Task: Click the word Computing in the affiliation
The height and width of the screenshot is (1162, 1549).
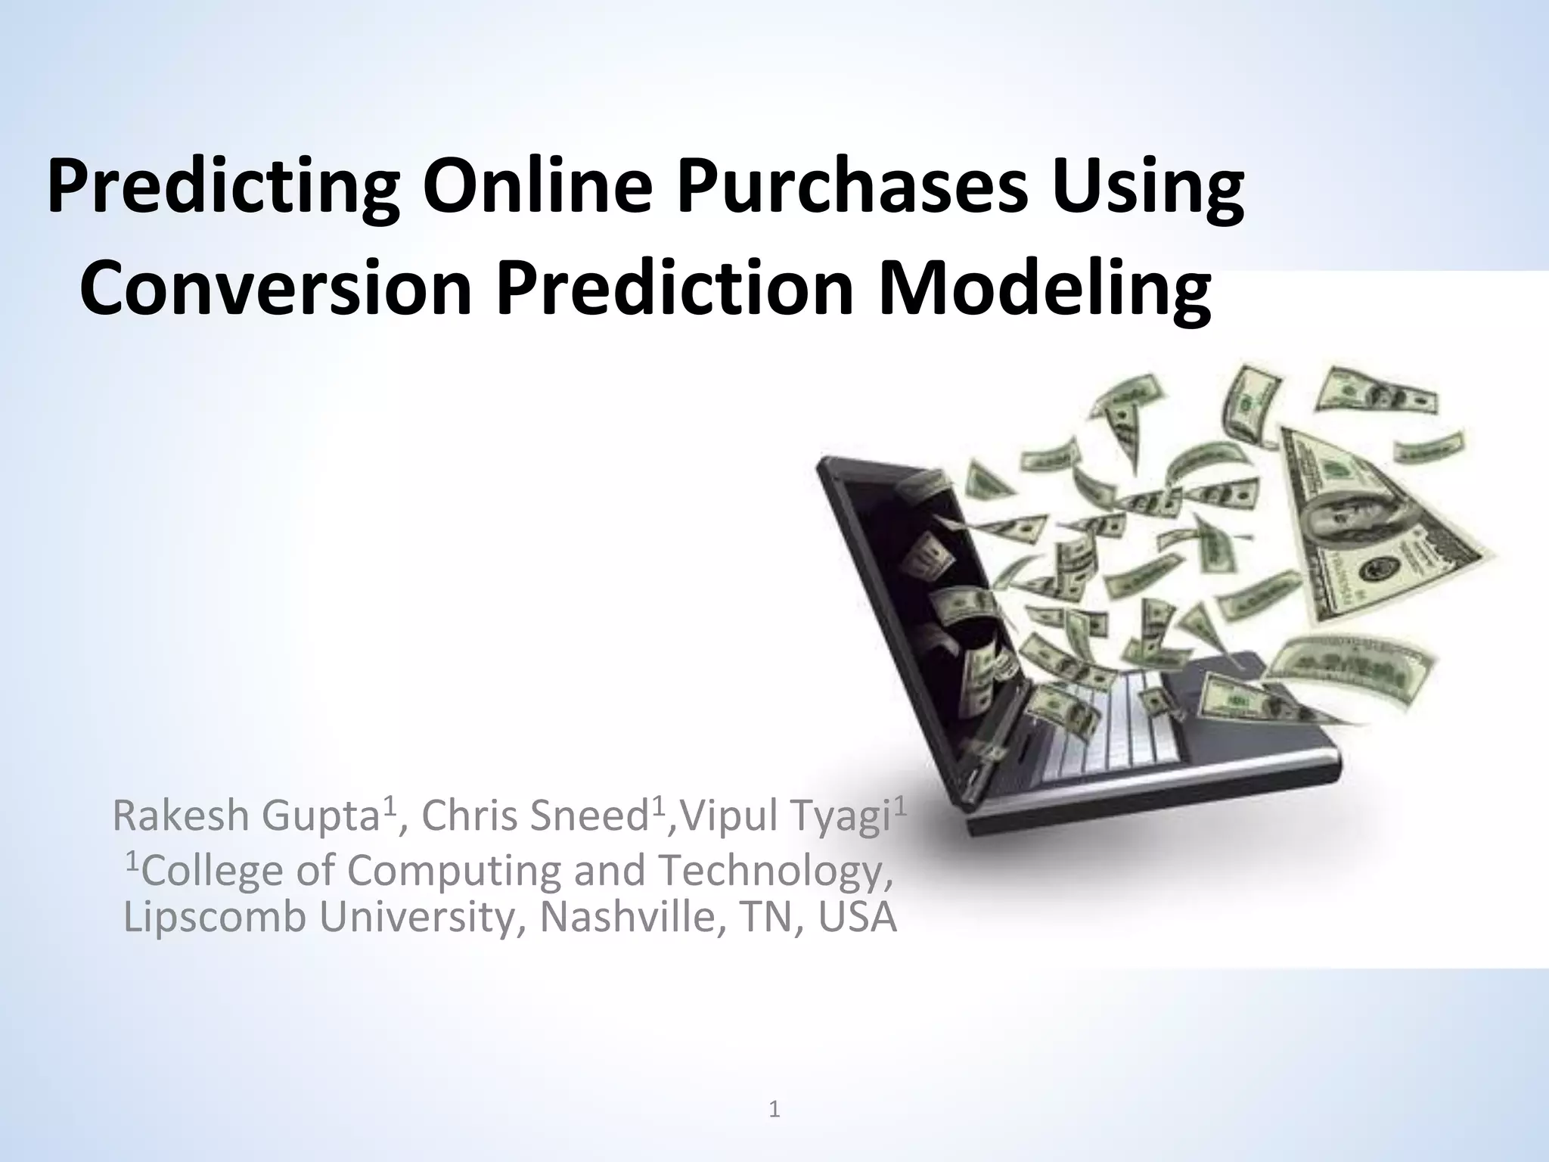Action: coord(454,870)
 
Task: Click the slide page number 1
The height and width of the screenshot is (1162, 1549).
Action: coord(774,1110)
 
